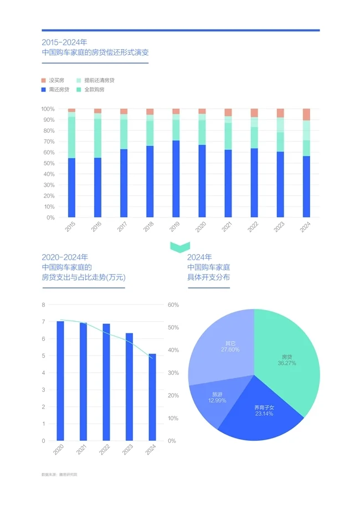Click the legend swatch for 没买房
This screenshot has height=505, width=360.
coord(44,80)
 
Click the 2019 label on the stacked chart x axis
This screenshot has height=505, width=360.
coord(174,227)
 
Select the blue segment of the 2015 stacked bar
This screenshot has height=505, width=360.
coord(71,188)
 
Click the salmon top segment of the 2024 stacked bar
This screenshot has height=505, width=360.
coord(306,114)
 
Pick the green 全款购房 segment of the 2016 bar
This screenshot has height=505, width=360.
coord(97,138)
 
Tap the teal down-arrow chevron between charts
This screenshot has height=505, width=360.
coord(180,246)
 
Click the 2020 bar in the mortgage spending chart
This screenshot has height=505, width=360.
coord(60,381)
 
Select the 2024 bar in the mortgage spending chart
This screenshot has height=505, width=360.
coord(152,397)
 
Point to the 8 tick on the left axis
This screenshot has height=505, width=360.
coord(43,305)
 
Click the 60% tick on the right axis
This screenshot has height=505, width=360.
coord(173,305)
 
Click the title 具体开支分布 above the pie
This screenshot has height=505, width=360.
coord(208,276)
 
